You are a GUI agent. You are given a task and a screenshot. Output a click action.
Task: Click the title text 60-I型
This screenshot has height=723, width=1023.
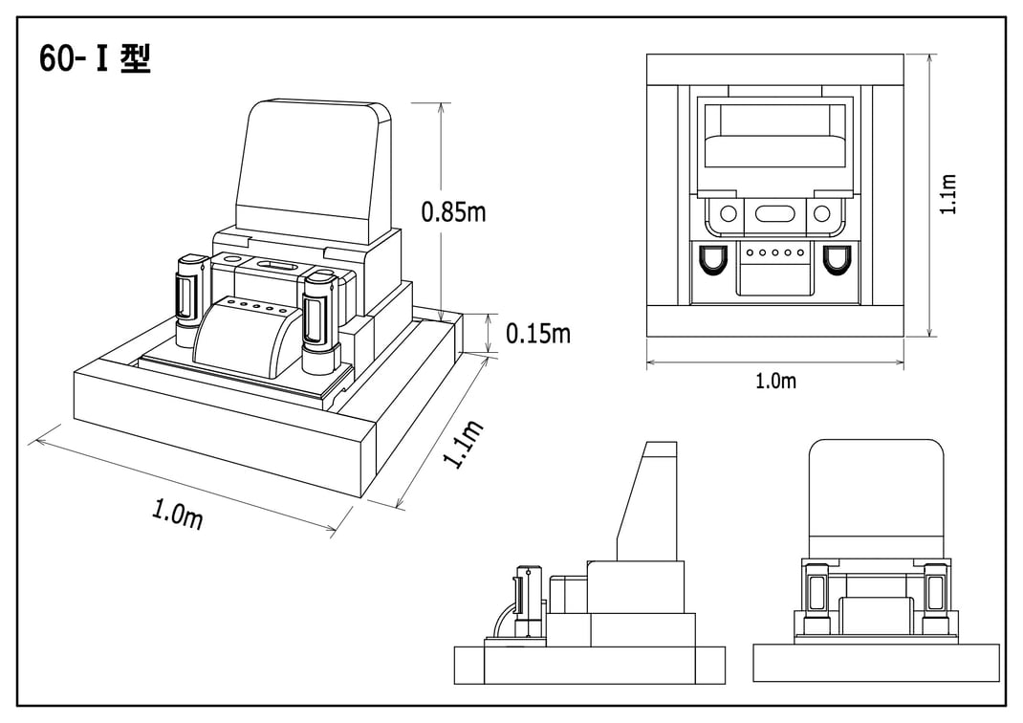(x=95, y=59)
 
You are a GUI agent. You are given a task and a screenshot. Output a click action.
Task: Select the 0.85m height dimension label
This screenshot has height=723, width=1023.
(x=453, y=211)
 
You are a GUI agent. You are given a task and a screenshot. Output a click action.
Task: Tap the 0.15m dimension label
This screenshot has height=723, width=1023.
(x=537, y=333)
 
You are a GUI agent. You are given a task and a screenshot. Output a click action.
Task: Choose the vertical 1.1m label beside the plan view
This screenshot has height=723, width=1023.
(x=948, y=194)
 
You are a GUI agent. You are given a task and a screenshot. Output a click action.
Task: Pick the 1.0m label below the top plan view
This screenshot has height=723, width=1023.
(x=775, y=381)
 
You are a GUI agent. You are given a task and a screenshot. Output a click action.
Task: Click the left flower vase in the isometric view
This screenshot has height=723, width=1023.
(x=187, y=298)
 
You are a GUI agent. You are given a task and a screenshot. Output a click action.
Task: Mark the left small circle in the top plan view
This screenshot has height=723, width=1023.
(x=729, y=213)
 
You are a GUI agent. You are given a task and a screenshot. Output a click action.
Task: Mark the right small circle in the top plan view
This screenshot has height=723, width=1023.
(x=822, y=213)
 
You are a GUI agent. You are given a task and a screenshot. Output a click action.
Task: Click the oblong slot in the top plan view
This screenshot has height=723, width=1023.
(x=775, y=213)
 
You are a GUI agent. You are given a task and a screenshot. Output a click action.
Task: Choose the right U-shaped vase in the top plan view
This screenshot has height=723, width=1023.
(x=838, y=259)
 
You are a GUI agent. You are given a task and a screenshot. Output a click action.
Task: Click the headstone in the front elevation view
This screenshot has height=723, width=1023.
(x=876, y=497)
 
